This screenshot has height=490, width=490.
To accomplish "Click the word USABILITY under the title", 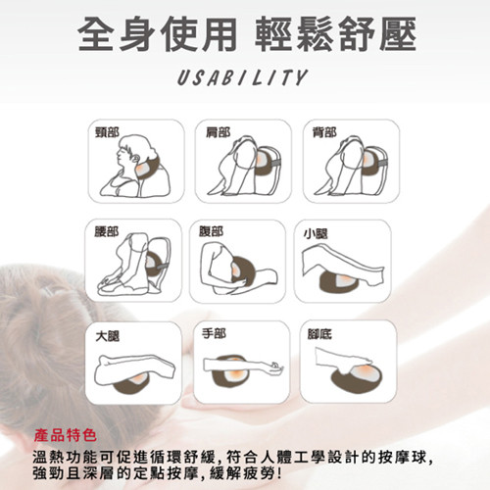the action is point(242,77).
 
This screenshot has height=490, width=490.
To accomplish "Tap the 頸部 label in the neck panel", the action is point(107,132).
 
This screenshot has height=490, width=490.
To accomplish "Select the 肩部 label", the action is point(218,132).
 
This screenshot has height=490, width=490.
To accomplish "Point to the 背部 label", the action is point(324,132).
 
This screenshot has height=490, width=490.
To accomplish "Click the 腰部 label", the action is point(107,231).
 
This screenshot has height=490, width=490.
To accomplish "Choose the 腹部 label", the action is point(212,231).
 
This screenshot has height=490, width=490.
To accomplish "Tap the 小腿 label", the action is point(316,234).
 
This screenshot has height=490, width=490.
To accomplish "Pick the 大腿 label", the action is point(108,336).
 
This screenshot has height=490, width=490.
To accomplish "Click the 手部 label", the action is point(214,333).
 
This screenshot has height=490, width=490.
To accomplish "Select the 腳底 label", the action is point(319,334).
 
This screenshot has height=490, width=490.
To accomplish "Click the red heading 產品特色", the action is point(66,435).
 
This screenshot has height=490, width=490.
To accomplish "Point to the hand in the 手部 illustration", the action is point(273,367).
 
